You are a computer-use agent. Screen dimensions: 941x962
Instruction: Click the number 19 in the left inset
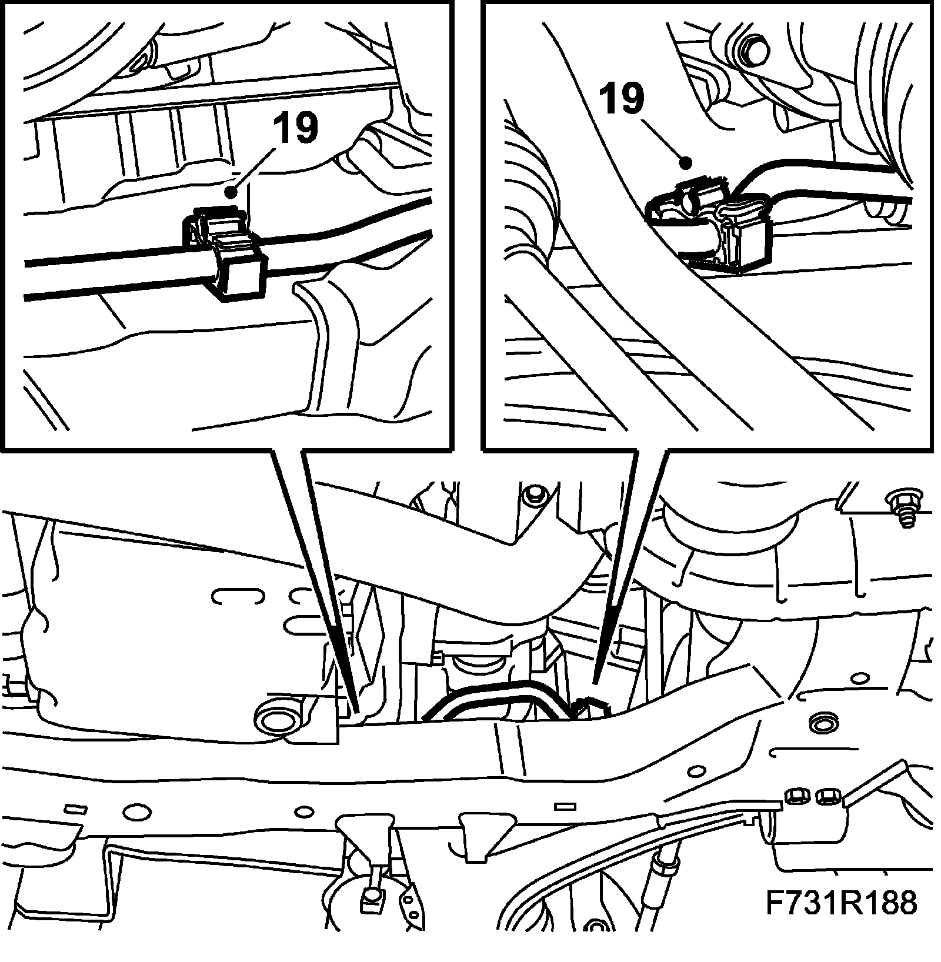[x=295, y=129]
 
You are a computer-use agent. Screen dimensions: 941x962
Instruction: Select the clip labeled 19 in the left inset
[x=225, y=253]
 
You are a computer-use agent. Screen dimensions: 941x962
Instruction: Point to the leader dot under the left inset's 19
[x=233, y=192]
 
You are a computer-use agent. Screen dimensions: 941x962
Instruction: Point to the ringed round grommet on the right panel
[x=820, y=722]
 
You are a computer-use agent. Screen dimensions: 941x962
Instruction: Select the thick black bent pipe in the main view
[x=497, y=701]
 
